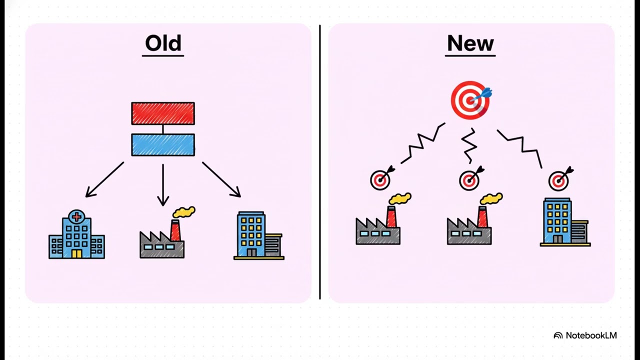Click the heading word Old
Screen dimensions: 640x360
(x=163, y=43)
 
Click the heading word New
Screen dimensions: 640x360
(x=470, y=43)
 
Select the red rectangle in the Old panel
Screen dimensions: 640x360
(x=163, y=113)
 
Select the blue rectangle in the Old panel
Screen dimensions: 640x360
(x=163, y=145)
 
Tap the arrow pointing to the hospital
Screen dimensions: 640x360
(x=105, y=179)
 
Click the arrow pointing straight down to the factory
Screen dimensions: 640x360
(x=163, y=185)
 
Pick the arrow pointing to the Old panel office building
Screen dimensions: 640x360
(x=221, y=179)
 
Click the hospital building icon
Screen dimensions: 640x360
(x=76, y=234)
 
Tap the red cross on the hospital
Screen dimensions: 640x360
(x=76, y=217)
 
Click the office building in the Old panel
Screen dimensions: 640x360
(x=259, y=235)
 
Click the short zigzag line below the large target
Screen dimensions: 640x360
(x=469, y=145)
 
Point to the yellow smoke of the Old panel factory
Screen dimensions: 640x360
(x=184, y=211)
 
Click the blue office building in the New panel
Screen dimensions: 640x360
(x=565, y=221)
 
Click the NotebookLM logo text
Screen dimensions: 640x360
(x=591, y=335)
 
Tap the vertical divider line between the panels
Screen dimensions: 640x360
(x=320, y=162)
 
